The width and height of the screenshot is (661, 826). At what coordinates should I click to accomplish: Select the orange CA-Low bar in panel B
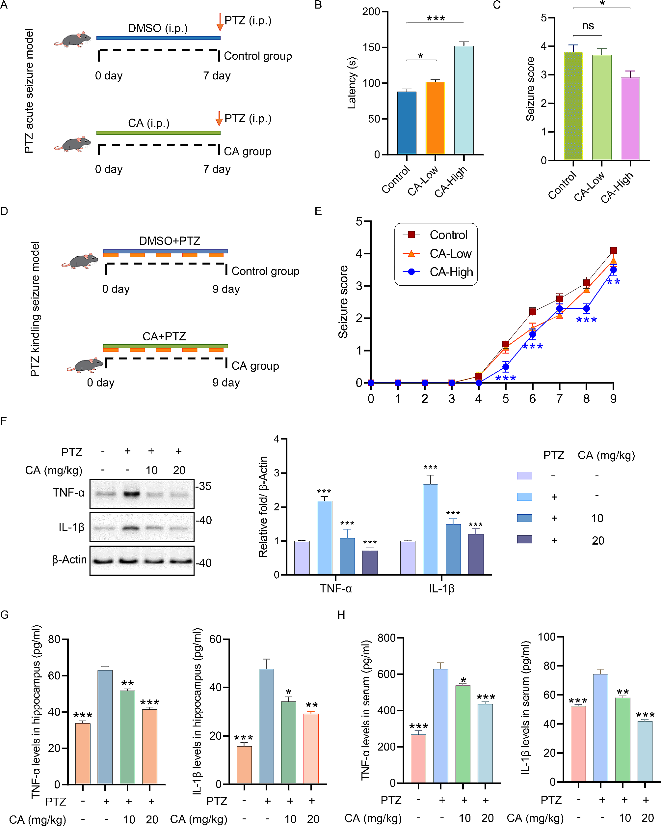pos(435,118)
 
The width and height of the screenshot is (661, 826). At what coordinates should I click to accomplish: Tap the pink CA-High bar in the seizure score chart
pos(630,119)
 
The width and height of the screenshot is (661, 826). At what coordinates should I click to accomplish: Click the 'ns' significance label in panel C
pos(588,26)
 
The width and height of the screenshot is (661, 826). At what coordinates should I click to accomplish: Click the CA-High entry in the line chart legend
pos(451,272)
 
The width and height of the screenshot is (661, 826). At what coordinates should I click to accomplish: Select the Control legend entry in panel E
pos(448,235)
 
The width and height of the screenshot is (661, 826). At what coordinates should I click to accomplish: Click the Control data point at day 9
pos(613,250)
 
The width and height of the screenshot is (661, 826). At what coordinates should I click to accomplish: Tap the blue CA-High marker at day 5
pos(506,367)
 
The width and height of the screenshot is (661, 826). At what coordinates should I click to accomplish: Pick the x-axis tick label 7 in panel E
pos(559,399)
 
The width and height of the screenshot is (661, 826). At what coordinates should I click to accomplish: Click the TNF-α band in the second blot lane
pos(131,494)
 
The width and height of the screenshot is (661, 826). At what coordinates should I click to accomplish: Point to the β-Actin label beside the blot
pos(69,560)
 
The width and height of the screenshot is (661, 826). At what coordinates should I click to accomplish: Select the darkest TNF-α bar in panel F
pos(370,562)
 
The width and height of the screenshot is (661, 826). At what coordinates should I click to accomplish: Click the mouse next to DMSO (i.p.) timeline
pos(73,40)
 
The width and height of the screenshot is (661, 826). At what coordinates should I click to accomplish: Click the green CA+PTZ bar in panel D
pos(165,346)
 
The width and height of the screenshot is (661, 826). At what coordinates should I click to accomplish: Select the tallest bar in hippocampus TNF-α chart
pos(105,727)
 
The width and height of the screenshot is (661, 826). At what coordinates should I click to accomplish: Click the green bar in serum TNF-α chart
pos(463,733)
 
